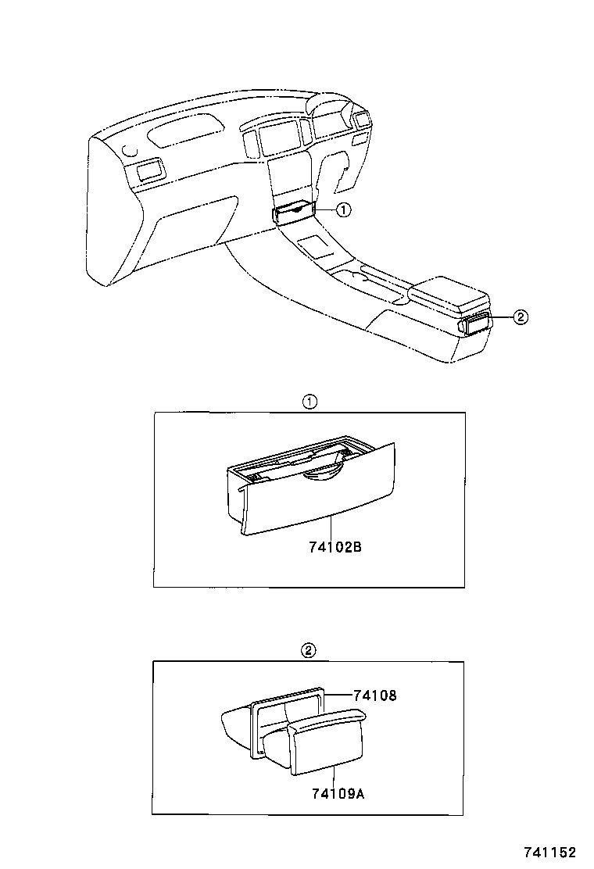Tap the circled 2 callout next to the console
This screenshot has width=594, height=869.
521,316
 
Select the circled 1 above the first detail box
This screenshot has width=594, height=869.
310,402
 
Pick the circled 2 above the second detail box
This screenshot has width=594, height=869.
309,650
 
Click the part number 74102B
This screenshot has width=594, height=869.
335,548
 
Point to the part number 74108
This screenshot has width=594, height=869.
374,694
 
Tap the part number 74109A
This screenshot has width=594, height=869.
338,794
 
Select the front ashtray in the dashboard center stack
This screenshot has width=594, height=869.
294,212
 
